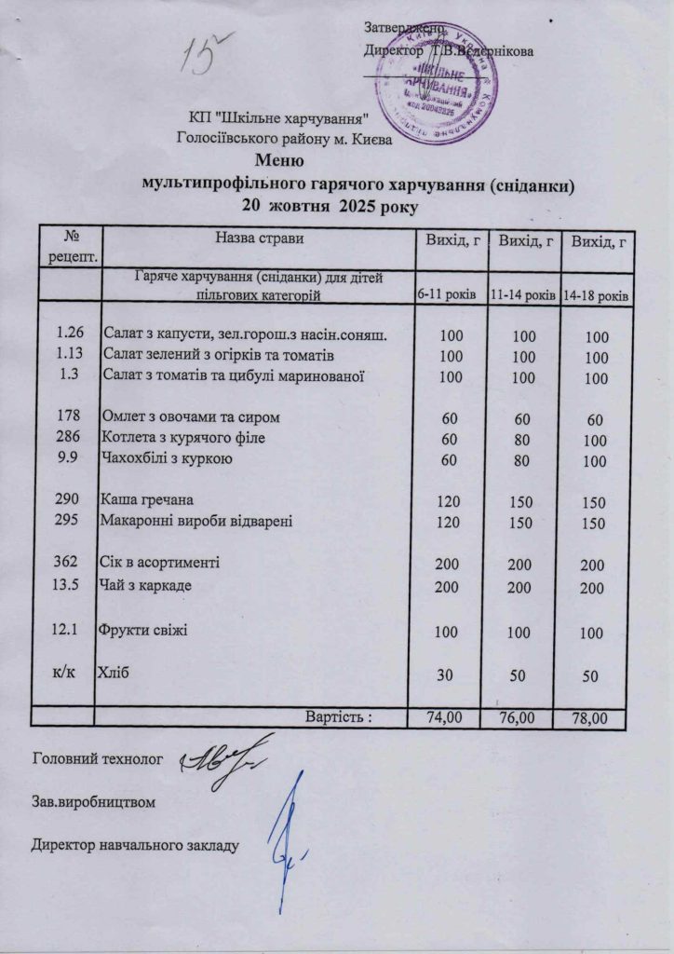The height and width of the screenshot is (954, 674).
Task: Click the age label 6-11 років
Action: pyautogui.click(x=446, y=294)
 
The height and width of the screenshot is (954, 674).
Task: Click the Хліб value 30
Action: pyautogui.click(x=444, y=674)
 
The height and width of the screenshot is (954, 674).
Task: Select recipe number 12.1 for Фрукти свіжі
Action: pyautogui.click(x=70, y=631)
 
